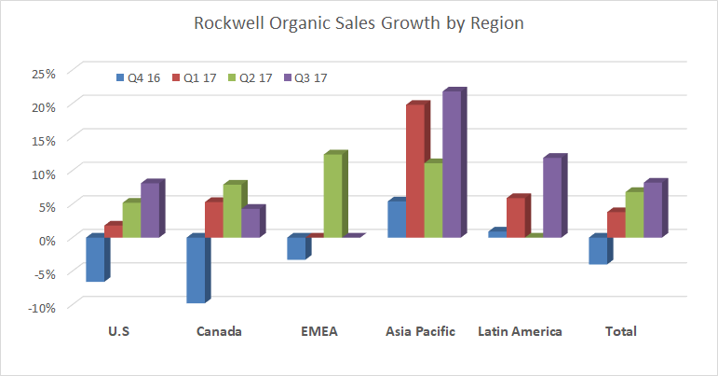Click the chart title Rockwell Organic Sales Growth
point(359,23)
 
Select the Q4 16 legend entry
point(137,77)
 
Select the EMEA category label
point(318,331)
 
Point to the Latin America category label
point(520,331)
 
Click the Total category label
point(620,331)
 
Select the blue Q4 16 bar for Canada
point(196,270)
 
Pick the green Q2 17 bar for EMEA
point(332,196)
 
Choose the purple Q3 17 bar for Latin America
point(552,198)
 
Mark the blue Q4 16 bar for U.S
point(94,258)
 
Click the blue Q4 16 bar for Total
point(597,250)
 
